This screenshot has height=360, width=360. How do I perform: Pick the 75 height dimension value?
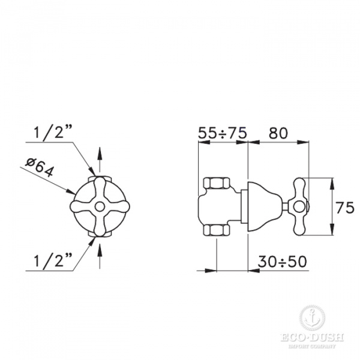click(346, 208)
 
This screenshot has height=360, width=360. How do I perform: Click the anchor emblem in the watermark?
click(310, 316)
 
